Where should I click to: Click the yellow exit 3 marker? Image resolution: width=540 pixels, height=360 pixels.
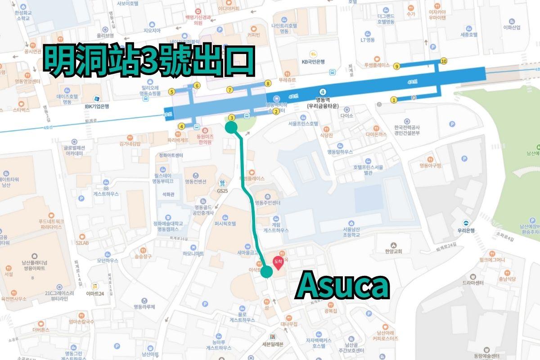click(231, 118)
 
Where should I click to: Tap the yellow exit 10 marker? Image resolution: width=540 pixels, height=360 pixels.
click(444, 61)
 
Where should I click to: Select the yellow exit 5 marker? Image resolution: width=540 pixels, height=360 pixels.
click(171, 92)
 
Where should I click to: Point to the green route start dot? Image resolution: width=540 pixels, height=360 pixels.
click(231, 128)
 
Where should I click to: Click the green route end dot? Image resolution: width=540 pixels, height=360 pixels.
click(266, 272)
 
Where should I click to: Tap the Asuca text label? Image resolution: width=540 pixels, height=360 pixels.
click(342, 286)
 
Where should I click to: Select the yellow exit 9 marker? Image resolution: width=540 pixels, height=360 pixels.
click(396, 66)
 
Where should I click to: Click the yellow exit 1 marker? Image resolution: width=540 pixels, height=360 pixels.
click(394, 100)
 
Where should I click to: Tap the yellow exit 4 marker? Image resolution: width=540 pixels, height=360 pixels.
click(182, 126)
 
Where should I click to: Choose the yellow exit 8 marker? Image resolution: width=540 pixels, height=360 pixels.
click(268, 83)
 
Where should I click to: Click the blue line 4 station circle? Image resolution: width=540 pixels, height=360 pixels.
click(322, 91)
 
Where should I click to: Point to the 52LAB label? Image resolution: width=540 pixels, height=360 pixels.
click(82, 243)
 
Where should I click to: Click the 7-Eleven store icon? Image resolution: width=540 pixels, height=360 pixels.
click(273, 336)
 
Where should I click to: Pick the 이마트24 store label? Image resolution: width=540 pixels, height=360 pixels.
click(95, 291)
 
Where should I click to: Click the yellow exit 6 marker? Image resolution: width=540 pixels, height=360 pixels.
click(197, 85)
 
